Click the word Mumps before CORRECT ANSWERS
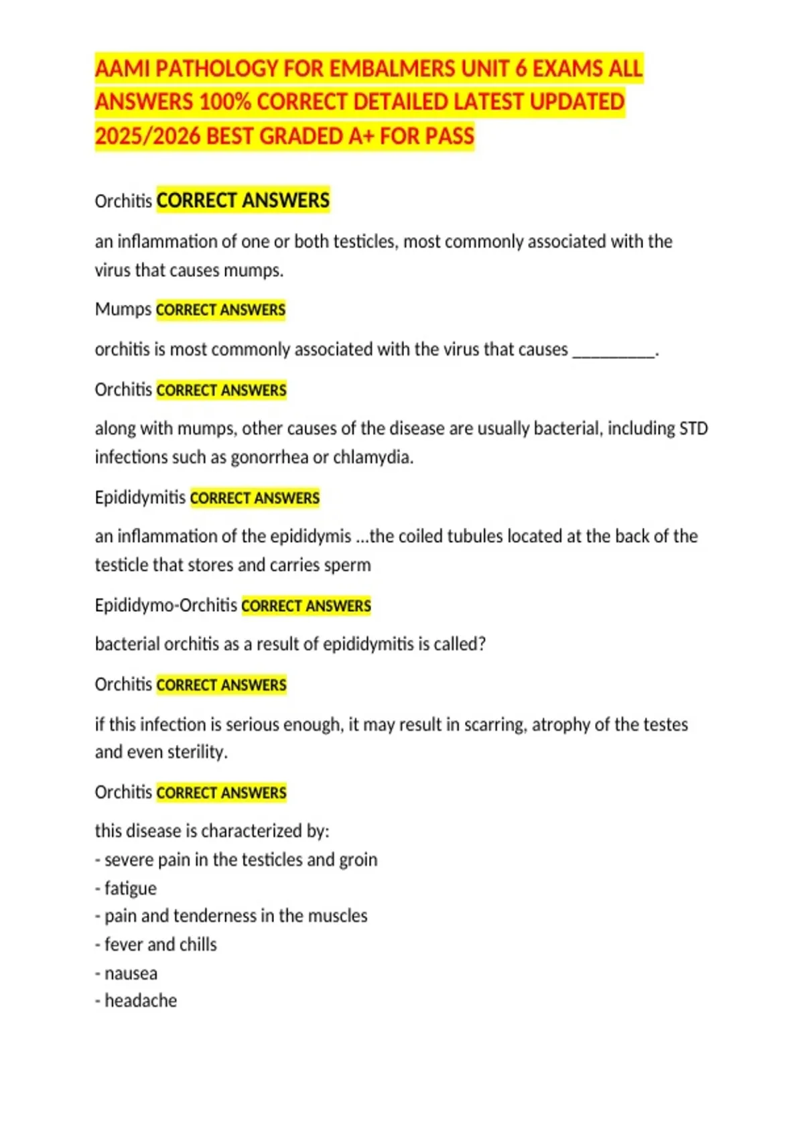(x=123, y=310)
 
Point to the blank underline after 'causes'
(x=614, y=351)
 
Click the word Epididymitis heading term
(x=140, y=497)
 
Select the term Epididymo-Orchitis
(x=166, y=605)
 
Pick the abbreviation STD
(x=693, y=428)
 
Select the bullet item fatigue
(x=130, y=888)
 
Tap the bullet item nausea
(x=131, y=973)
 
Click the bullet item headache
(x=141, y=1000)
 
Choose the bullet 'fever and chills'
(x=160, y=944)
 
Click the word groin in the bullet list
(x=358, y=860)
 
